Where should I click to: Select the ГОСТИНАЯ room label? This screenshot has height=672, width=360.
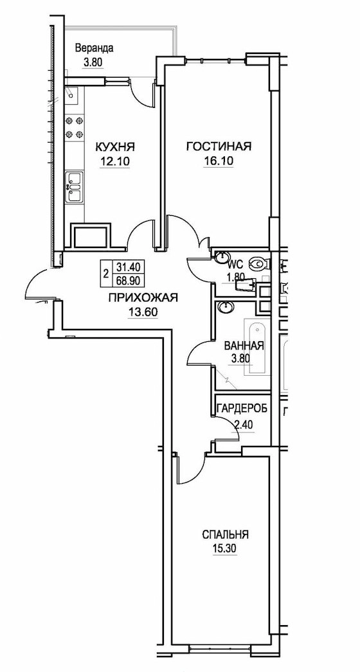pos(219,147)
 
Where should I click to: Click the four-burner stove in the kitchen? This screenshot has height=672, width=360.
pos(75,127)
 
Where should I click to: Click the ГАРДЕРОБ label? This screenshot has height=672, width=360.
pos(242,408)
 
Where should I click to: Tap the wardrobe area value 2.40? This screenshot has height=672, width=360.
pos(244,425)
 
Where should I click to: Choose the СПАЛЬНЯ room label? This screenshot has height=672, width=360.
pos(226,535)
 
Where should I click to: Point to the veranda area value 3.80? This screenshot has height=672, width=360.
pos(93,62)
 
